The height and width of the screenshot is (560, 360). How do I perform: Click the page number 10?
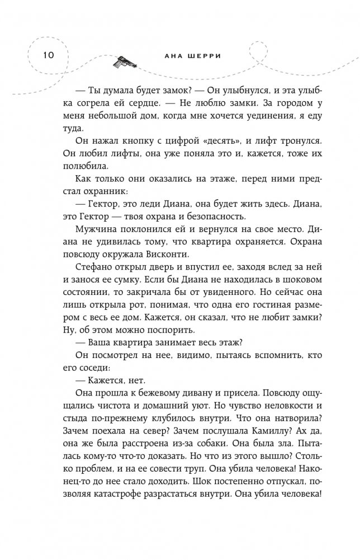coord(45,55)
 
